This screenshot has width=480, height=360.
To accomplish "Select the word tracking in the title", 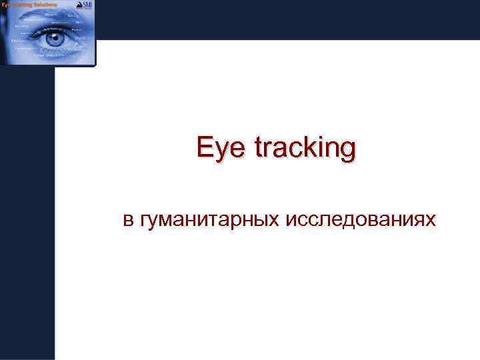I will (x=303, y=149).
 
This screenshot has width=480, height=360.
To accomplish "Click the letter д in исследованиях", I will (x=356, y=220).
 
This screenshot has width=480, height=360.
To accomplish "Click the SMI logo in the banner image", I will (x=85, y=7).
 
